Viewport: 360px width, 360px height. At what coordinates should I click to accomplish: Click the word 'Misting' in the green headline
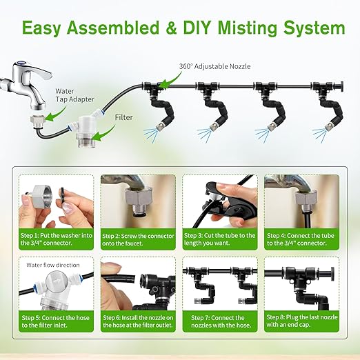(248, 28)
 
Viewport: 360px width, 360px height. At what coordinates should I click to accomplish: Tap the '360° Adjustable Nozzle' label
(214, 66)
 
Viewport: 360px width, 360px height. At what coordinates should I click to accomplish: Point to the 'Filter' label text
(124, 117)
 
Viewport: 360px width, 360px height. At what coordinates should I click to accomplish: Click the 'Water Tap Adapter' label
(74, 95)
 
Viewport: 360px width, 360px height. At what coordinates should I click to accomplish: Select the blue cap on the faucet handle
(22, 63)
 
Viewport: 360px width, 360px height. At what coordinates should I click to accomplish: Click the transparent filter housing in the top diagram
(84, 132)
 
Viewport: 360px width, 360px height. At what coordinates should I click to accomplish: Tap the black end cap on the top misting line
(341, 87)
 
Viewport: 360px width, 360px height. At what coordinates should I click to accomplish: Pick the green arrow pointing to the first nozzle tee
(170, 81)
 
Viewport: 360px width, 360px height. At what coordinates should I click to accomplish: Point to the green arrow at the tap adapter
(55, 114)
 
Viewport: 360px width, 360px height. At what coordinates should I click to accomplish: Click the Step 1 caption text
(57, 239)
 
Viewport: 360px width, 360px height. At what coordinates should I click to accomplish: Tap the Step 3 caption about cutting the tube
(219, 239)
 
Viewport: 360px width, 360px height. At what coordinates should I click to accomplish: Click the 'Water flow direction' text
(53, 265)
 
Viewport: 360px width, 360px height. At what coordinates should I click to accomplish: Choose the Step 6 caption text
(138, 321)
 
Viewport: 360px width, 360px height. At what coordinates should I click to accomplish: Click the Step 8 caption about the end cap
(302, 321)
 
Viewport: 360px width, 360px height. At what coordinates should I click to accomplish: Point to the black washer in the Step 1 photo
(62, 197)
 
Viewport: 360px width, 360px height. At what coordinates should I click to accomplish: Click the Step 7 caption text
(221, 321)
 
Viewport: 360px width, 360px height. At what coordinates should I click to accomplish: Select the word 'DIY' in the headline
(197, 28)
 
